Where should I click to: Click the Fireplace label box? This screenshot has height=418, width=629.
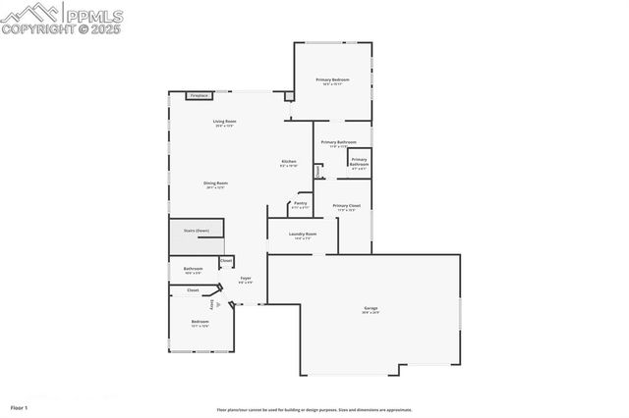(x=200, y=96)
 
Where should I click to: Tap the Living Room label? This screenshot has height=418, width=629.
(x=224, y=123)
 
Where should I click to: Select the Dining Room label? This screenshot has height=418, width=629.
(x=215, y=184)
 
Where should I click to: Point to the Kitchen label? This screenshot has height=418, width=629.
(x=289, y=163)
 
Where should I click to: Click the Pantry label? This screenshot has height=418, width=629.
(x=300, y=205)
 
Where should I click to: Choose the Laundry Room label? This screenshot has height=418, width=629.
(x=303, y=235)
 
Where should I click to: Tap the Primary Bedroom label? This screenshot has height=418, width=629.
(x=332, y=80)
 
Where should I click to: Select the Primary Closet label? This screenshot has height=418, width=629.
(x=347, y=207)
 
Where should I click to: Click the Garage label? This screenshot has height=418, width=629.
(x=370, y=310)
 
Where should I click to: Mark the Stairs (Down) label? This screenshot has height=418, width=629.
(x=196, y=231)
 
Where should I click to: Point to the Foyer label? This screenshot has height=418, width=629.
(x=246, y=280)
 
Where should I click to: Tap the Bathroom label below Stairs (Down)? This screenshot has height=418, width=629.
(x=193, y=270)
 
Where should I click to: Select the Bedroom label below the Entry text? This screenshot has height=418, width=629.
(x=200, y=323)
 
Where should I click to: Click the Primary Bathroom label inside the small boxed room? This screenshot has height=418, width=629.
(x=359, y=162)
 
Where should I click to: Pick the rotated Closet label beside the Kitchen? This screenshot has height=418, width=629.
(x=316, y=171)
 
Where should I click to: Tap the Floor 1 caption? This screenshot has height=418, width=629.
(x=20, y=406)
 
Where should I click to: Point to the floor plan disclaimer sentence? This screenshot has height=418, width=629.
(x=314, y=410)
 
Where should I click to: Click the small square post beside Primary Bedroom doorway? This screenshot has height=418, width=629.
(x=288, y=97)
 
